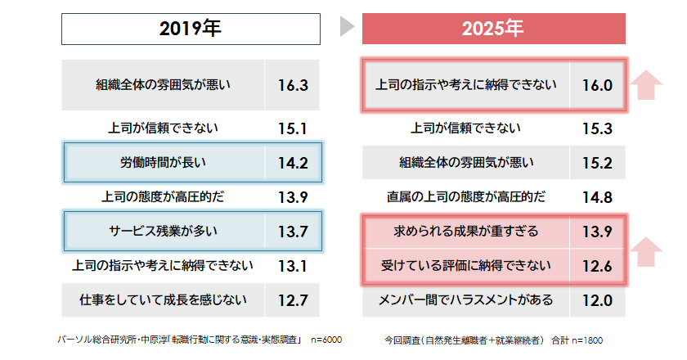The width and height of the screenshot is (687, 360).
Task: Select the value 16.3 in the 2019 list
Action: click(292, 85)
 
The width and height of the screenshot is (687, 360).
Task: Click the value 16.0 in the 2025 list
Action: click(597, 85)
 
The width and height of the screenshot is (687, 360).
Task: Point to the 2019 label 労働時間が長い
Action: click(164, 162)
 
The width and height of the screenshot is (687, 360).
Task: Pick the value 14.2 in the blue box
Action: click(292, 162)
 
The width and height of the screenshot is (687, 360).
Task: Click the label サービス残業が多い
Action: click(164, 231)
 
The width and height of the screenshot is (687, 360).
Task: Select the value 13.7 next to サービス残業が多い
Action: click(292, 231)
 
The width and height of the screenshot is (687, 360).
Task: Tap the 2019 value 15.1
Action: click(292, 128)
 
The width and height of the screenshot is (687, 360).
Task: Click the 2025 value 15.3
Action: click(597, 128)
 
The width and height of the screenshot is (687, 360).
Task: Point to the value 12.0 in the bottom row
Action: click(597, 299)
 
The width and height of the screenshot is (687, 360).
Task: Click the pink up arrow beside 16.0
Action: click(648, 85)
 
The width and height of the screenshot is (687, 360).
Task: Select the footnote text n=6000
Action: click(326, 339)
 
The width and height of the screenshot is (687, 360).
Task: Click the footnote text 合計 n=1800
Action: click(577, 339)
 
